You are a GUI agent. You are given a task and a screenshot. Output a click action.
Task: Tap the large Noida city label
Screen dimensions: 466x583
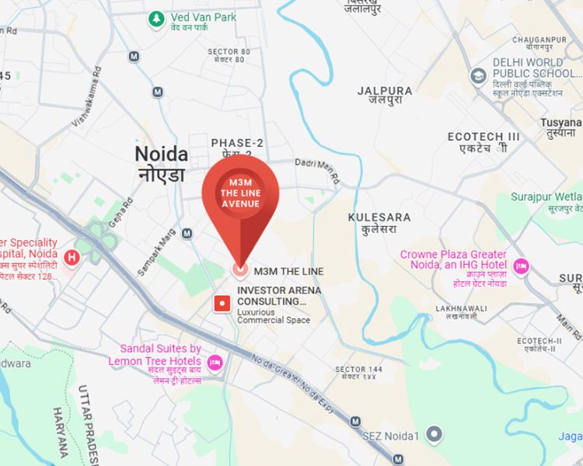[161, 153]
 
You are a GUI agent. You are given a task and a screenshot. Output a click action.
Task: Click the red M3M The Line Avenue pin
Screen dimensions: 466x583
[240, 202]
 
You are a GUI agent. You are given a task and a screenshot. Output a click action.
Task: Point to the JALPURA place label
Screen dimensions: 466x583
[385, 91]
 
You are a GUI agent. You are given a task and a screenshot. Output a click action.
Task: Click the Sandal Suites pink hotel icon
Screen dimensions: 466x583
[215, 361]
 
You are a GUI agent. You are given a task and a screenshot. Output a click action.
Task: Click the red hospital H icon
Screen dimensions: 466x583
[72, 256]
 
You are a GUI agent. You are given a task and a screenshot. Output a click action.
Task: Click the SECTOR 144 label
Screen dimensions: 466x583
[358, 368]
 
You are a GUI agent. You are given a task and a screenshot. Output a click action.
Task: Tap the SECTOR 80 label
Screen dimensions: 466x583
[229, 52]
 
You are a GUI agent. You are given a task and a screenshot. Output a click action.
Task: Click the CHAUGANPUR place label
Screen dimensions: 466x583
[539, 40]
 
